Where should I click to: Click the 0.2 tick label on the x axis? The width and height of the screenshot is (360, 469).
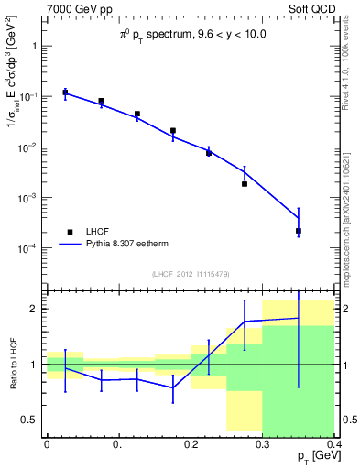(x=191, y=442)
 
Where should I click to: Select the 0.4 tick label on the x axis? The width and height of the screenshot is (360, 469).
(x=334, y=442)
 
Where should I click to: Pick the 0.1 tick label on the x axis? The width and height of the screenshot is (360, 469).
(x=119, y=442)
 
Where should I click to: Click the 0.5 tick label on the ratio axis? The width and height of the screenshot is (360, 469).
(x=31, y=420)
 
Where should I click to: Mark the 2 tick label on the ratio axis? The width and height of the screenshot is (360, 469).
(x=36, y=309)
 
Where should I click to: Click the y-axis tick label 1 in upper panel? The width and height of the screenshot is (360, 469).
(x=36, y=45)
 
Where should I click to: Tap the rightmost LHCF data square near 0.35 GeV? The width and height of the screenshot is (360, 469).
(x=299, y=231)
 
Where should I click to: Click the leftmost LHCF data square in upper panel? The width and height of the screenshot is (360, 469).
(x=65, y=93)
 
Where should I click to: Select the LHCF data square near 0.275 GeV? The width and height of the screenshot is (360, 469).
(x=245, y=184)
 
